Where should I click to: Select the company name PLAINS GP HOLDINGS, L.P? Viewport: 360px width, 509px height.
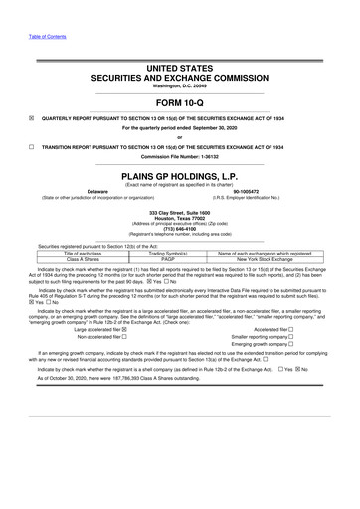click(x=179, y=172)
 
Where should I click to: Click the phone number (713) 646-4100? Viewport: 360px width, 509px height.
click(x=179, y=225)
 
